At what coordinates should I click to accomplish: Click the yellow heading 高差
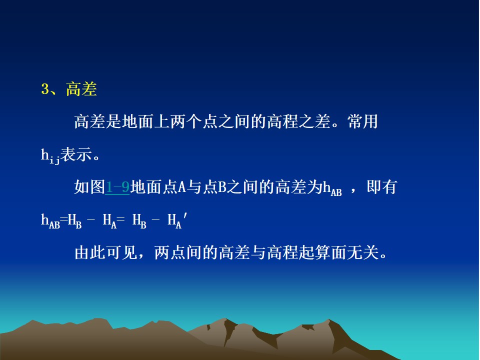pyautogui.click(x=81, y=89)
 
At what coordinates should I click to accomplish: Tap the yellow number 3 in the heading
pyautogui.click(x=45, y=89)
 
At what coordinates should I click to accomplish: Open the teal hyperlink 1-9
pyautogui.click(x=117, y=187)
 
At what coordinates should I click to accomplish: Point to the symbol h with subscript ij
pyautogui.click(x=50, y=156)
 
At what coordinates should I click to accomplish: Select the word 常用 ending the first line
pyautogui.click(x=363, y=121)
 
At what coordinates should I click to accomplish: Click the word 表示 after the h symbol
pyautogui.click(x=76, y=154)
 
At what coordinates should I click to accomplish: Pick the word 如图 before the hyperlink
pyautogui.click(x=89, y=187)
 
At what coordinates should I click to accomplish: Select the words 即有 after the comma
pyautogui.click(x=382, y=187)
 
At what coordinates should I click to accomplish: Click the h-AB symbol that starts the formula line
pyautogui.click(x=50, y=220)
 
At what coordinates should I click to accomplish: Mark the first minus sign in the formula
pyautogui.click(x=91, y=220)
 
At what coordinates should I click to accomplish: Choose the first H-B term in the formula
pyautogui.click(x=74, y=220)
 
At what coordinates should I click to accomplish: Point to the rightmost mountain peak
pyautogui.click(x=329, y=319)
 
